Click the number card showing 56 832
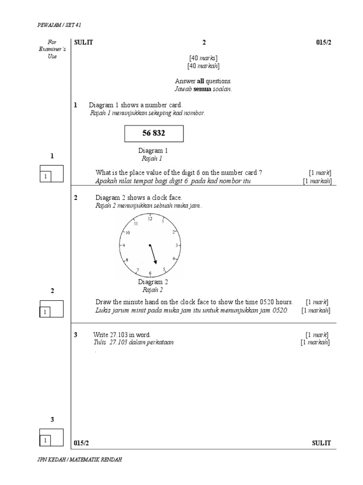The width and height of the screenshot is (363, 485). (x=154, y=134)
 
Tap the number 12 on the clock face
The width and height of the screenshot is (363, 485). (x=150, y=219)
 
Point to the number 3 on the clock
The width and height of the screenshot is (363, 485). (x=177, y=245)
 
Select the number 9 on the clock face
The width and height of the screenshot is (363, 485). (x=124, y=246)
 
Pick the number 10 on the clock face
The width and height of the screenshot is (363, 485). (x=127, y=233)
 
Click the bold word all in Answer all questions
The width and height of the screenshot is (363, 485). (x=200, y=81)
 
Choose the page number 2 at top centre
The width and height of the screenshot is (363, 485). (x=204, y=42)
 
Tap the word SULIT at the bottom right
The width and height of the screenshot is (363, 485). (x=321, y=443)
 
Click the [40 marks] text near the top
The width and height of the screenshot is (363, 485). (x=203, y=58)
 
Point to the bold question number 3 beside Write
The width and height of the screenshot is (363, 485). (x=76, y=335)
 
